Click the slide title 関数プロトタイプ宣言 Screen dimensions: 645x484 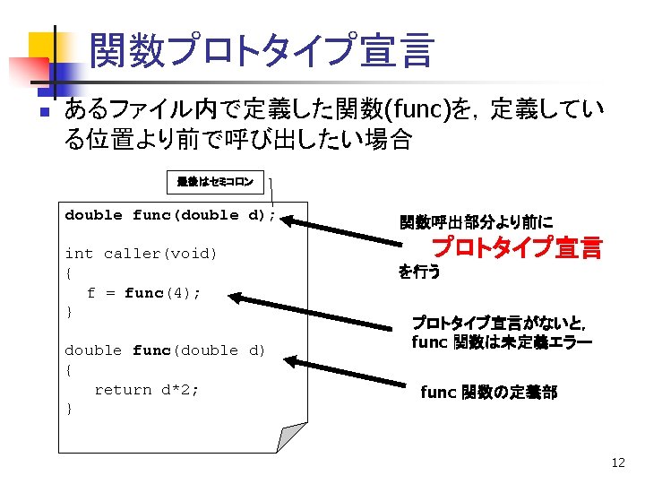tap(262, 50)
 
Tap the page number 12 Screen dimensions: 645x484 tap(617, 463)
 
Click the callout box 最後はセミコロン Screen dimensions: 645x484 tap(215, 182)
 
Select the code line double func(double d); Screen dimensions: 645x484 tap(170, 215)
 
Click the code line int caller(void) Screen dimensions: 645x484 tap(142, 254)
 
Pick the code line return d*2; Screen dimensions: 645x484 tap(147, 389)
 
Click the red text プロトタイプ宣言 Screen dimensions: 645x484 tap(517, 247)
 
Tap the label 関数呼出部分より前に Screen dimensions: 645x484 tap(476, 221)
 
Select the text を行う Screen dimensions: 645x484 tap(419, 272)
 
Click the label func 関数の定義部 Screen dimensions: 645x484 tap(488, 393)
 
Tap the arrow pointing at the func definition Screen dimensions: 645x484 tap(349, 373)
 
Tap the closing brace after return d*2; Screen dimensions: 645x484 tap(70, 409)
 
